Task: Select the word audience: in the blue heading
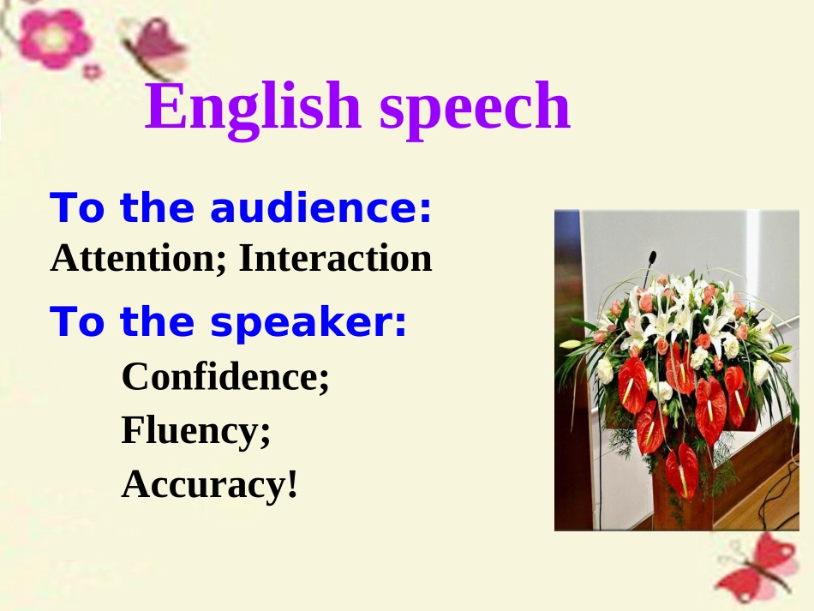point(320,209)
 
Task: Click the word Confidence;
point(225,376)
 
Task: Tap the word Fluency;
point(196,430)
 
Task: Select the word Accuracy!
point(210,484)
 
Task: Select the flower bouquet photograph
point(676,370)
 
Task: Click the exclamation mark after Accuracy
point(292,484)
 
